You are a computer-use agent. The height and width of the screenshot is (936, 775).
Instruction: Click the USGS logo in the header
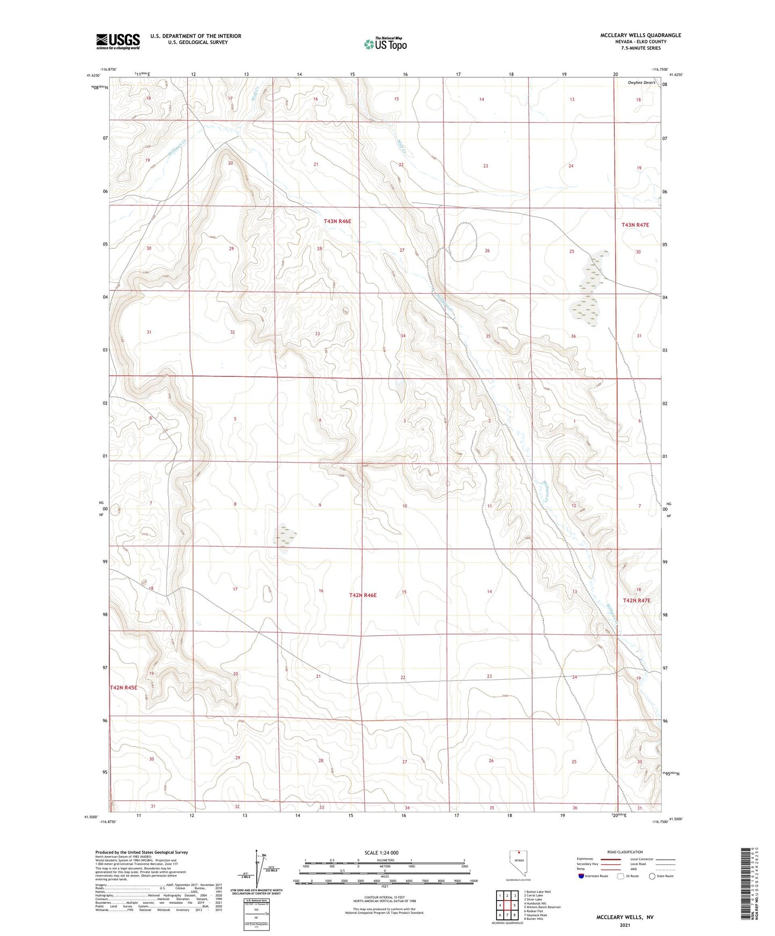[117, 41]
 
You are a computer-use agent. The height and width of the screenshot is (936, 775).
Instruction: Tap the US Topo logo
[385, 44]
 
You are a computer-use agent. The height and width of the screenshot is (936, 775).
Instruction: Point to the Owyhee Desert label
[641, 83]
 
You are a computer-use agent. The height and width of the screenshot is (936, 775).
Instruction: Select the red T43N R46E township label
[337, 221]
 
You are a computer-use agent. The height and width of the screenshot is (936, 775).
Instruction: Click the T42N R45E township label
[124, 687]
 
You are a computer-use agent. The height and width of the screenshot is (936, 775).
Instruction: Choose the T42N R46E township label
[363, 596]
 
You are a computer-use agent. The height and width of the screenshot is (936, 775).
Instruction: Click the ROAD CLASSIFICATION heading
[625, 852]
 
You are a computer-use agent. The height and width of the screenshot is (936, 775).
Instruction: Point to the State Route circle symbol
[652, 876]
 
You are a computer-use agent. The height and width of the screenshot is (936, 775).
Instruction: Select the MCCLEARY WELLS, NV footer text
[625, 917]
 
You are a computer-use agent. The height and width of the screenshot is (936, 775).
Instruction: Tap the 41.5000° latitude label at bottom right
[675, 819]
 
